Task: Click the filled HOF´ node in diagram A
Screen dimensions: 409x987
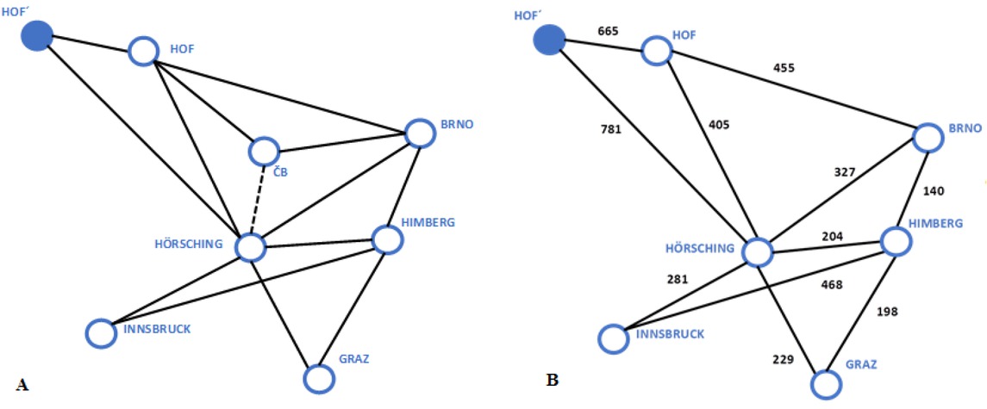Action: coord(36,36)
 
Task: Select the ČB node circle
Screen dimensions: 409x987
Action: coord(264,152)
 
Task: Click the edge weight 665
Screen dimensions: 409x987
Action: coord(609,32)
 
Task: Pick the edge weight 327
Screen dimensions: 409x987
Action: coord(845,172)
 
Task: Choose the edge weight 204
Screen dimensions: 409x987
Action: coord(832,236)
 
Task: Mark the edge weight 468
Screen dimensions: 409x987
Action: coord(832,284)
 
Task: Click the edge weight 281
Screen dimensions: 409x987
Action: coord(677,279)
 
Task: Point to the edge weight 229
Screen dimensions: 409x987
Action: coord(781,360)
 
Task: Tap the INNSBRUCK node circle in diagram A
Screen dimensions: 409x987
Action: coord(100,333)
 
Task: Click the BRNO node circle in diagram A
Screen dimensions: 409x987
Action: coord(419,133)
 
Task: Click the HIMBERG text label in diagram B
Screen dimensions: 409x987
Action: coord(934,224)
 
